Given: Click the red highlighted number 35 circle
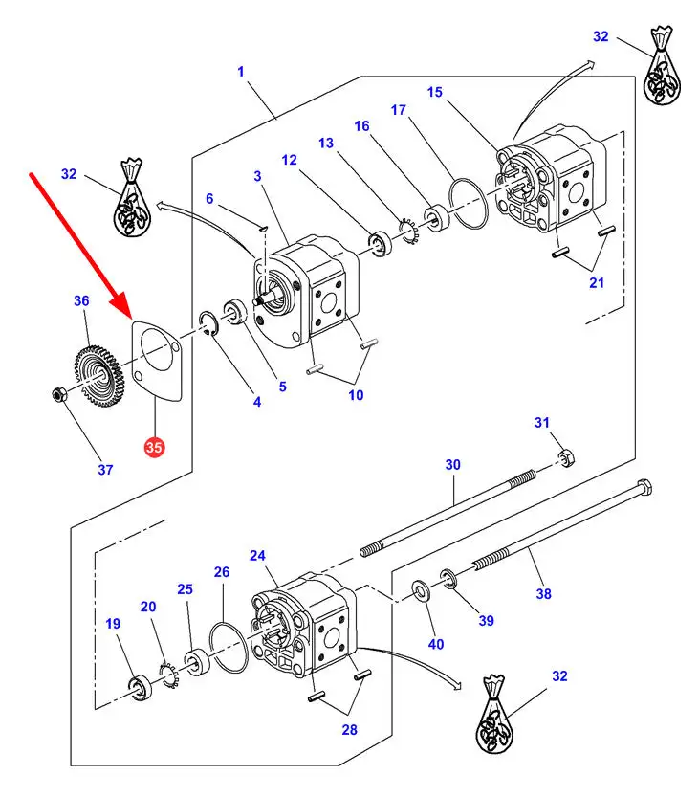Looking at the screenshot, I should (x=154, y=446).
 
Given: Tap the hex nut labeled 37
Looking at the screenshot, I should (x=58, y=393).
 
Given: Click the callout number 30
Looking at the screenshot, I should (x=452, y=464).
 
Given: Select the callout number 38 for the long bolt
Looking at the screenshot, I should (x=543, y=593).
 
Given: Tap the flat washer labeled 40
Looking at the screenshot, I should (x=421, y=588).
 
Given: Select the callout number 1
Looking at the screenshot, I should (x=241, y=71).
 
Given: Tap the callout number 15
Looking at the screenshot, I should (x=435, y=92).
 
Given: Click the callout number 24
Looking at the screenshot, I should (x=257, y=555).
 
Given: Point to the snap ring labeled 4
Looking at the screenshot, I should (x=210, y=321).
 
